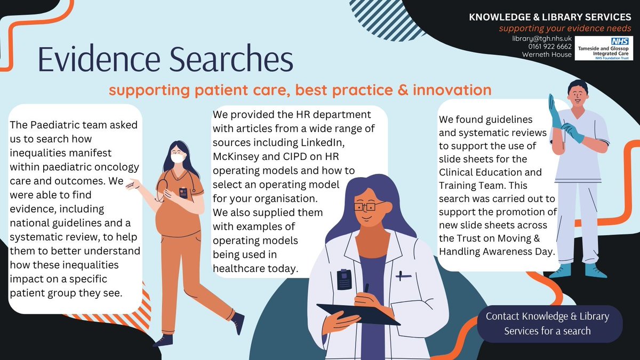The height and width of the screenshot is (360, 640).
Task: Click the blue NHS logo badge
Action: [619, 41]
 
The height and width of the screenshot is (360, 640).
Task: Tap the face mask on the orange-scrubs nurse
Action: [178, 158]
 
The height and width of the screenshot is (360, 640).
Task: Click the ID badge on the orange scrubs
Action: [183, 192]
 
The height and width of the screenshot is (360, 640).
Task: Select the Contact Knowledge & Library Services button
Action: [549, 323]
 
